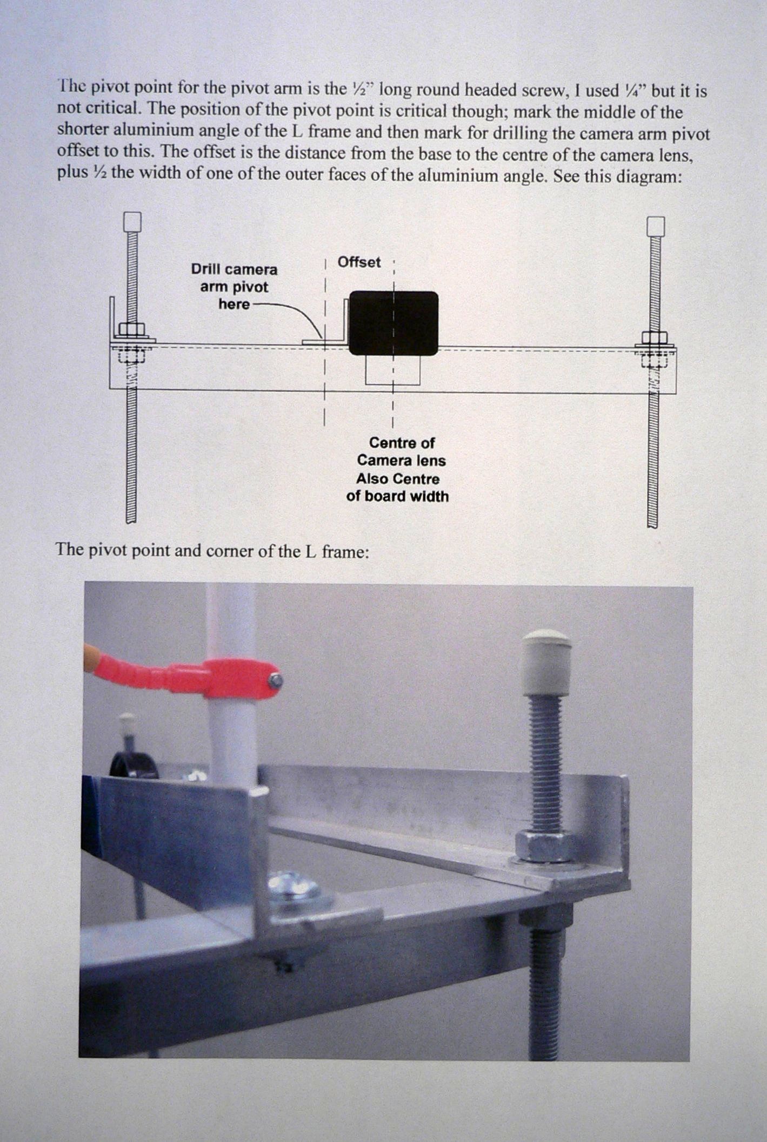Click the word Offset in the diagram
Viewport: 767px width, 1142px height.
tap(359, 262)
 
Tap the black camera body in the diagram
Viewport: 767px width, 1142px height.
tap(393, 323)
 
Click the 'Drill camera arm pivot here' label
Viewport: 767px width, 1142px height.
tap(235, 287)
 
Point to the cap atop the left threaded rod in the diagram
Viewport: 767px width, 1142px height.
tap(132, 222)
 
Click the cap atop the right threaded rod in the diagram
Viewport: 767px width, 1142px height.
tap(655, 227)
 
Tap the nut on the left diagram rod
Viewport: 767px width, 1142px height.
tap(131, 329)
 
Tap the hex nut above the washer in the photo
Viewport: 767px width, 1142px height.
tap(545, 847)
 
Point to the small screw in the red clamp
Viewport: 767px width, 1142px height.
tap(275, 680)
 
